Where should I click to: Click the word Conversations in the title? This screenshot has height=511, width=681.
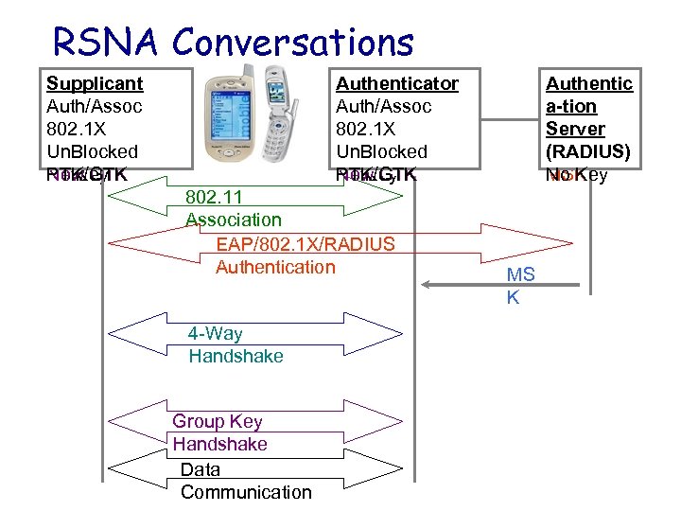[295, 42]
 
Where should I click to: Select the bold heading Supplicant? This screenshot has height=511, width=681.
[95, 83]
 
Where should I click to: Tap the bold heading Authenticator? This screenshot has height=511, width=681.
[397, 83]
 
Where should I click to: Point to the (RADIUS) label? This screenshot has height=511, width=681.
[588, 151]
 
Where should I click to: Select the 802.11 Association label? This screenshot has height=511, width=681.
[233, 208]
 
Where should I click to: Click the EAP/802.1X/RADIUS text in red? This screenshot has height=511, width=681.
[306, 244]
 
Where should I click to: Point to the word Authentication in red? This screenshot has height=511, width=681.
[275, 267]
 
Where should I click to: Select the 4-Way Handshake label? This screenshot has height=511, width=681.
[236, 344]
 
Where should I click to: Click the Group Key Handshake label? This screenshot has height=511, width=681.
[219, 432]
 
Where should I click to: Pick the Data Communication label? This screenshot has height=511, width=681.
[245, 481]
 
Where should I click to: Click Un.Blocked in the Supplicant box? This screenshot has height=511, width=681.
[92, 151]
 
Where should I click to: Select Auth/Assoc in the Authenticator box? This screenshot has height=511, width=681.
[383, 106]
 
